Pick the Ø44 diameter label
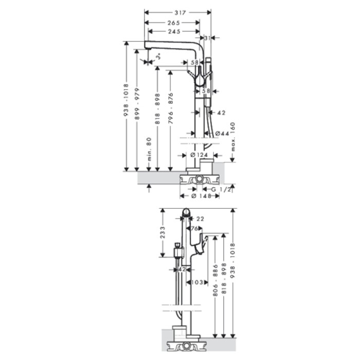click(x=222, y=134)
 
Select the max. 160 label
click(x=233, y=137)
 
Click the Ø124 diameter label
click(x=199, y=155)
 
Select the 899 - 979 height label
click(x=137, y=104)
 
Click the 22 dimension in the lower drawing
click(x=201, y=219)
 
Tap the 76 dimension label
click(x=195, y=229)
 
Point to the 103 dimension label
click(x=198, y=282)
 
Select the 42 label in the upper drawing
click(x=222, y=112)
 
